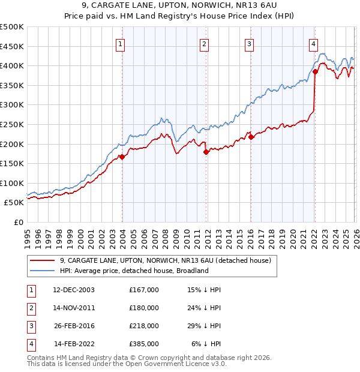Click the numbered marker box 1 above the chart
click(121, 43)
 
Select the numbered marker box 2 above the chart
click(205, 43)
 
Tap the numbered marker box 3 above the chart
click(249, 43)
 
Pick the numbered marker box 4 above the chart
click(313, 43)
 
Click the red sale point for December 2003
click(122, 157)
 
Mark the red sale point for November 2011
click(206, 152)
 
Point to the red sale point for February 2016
click(251, 137)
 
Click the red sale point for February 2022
click(314, 71)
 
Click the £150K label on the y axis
click(12, 163)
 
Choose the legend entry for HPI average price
click(133, 271)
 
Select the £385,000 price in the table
click(144, 344)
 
